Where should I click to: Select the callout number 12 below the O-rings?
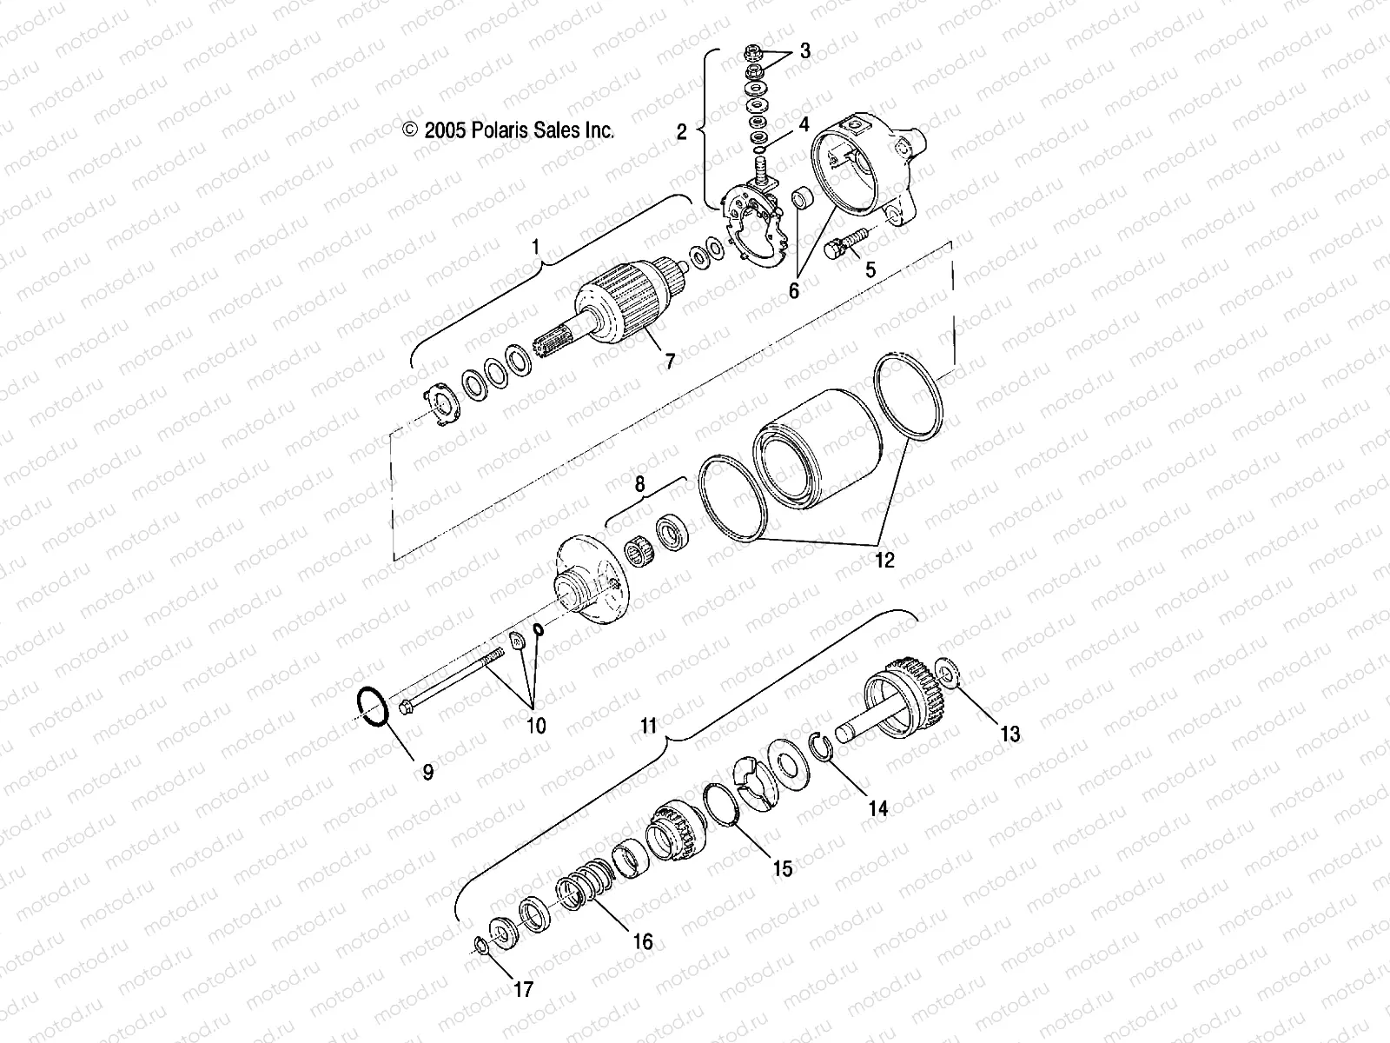click(x=884, y=560)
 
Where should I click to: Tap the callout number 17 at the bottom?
click(x=524, y=989)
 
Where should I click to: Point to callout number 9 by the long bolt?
click(x=427, y=771)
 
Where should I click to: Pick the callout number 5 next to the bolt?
click(x=870, y=270)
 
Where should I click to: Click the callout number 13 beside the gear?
click(x=1009, y=734)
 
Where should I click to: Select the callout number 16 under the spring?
click(x=643, y=941)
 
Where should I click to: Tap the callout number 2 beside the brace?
click(x=681, y=131)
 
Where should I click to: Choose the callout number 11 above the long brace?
click(x=649, y=724)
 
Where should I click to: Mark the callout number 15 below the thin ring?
click(x=783, y=867)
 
